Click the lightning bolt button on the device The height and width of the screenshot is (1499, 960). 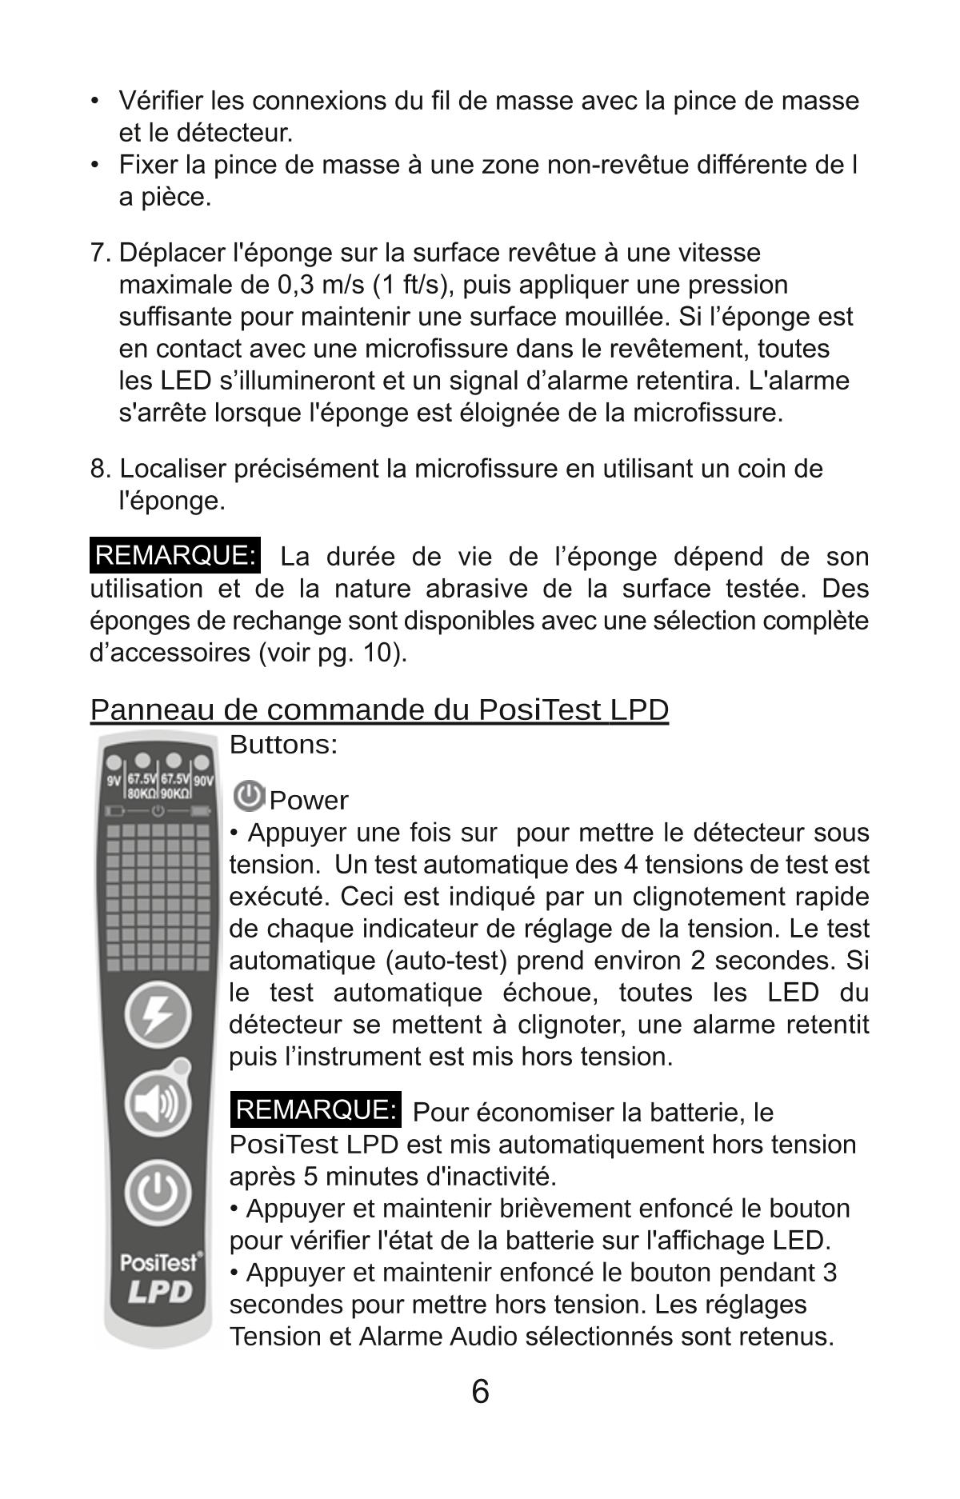(158, 1015)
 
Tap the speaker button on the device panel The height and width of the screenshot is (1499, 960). (158, 1104)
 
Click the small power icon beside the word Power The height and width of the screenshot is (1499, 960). (249, 797)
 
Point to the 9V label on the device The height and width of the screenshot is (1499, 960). (114, 780)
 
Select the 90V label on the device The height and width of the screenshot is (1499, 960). (204, 780)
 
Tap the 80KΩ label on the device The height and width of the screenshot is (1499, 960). (142, 793)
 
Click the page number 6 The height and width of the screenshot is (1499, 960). (480, 1392)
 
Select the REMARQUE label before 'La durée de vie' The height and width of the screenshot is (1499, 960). (175, 556)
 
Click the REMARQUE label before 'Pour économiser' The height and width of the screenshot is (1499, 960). (316, 1110)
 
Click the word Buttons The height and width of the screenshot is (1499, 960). (283, 745)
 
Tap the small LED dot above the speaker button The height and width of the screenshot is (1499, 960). (182, 1065)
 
